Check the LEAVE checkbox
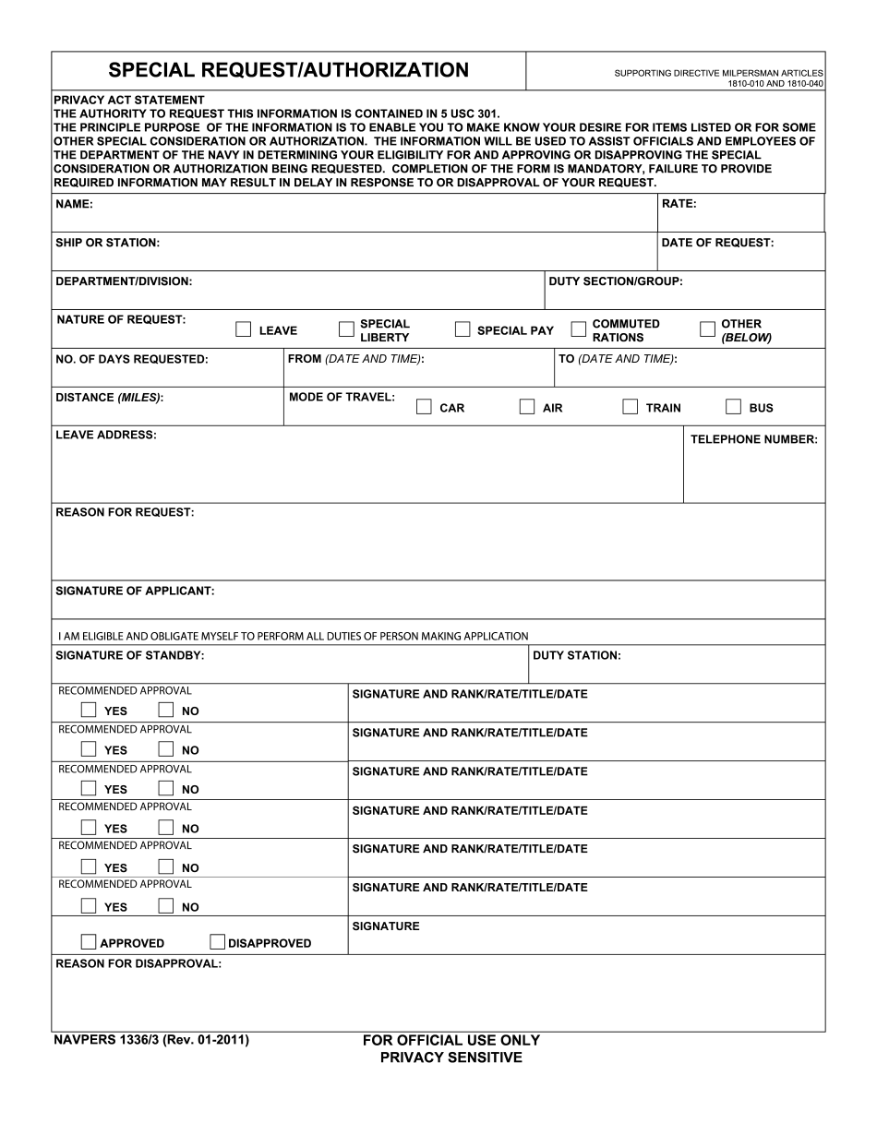[244, 329]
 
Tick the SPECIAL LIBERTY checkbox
[346, 329]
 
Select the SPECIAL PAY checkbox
[463, 329]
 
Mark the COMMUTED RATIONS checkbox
[579, 329]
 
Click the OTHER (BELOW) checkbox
[708, 329]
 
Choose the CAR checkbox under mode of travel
[424, 407]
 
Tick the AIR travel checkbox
[527, 407]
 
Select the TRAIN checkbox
[631, 407]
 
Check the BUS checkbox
[734, 407]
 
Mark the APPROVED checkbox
[89, 942]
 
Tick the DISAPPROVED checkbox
[217, 942]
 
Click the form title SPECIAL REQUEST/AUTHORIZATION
[288, 70]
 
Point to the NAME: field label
[74, 204]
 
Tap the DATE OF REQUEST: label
[717, 243]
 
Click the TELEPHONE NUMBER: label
[754, 439]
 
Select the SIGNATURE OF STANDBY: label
[130, 655]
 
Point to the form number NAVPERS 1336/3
[151, 1041]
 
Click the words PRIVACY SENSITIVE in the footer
[451, 1057]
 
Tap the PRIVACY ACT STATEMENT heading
[129, 100]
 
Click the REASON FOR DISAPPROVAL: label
[138, 963]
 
